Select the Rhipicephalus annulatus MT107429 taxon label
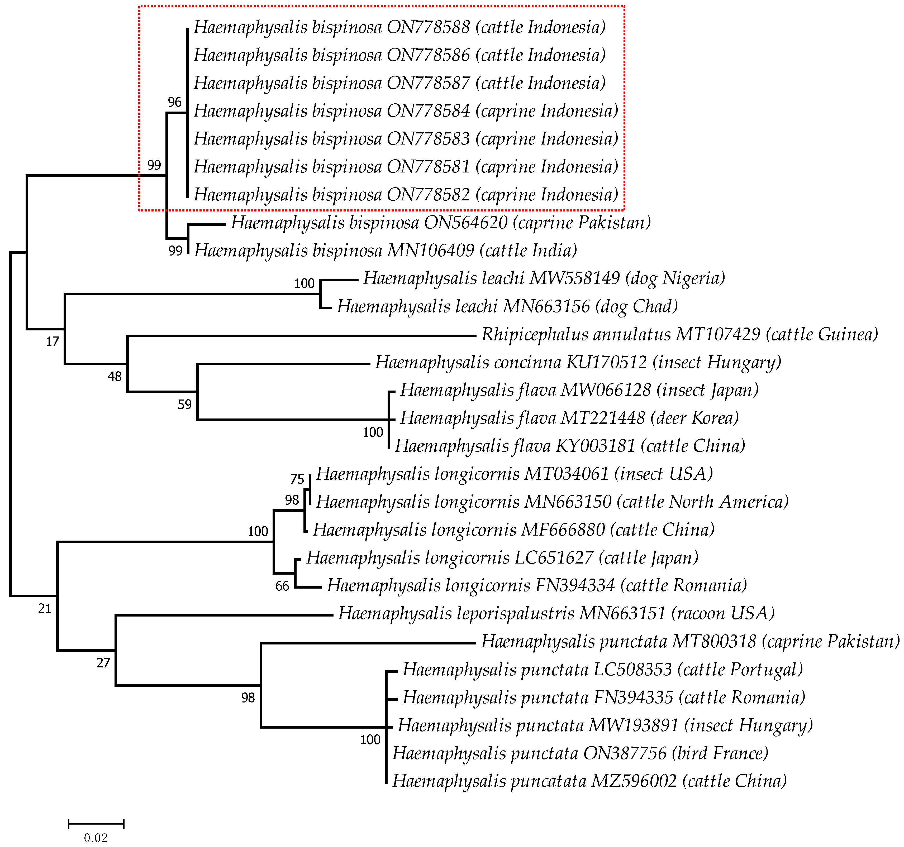pyautogui.click(x=679, y=334)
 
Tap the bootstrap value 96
pyautogui.click(x=175, y=102)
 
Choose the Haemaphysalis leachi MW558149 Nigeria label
pyautogui.click(x=544, y=278)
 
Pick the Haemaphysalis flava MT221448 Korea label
pyautogui.click(x=569, y=418)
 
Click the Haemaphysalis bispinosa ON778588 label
pyautogui.click(x=399, y=27)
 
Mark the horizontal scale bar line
pyautogui.click(x=96, y=823)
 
